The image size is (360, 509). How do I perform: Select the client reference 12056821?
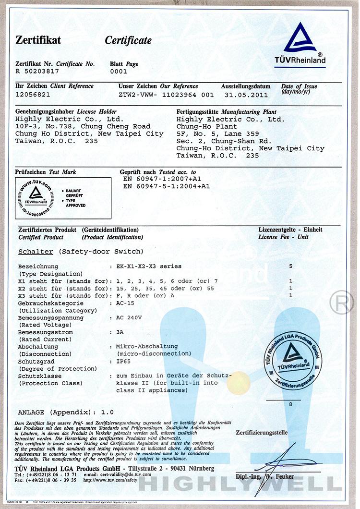[x=33, y=94]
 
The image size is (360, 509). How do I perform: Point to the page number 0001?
[x=119, y=71]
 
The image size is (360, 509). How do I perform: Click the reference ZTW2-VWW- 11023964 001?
[x=166, y=95]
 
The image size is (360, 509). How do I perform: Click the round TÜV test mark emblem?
[x=34, y=195]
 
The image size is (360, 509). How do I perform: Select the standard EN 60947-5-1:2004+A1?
[x=167, y=186]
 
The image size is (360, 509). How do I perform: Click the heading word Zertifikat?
[x=38, y=40]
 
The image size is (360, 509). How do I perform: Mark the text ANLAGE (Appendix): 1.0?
[x=66, y=412]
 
